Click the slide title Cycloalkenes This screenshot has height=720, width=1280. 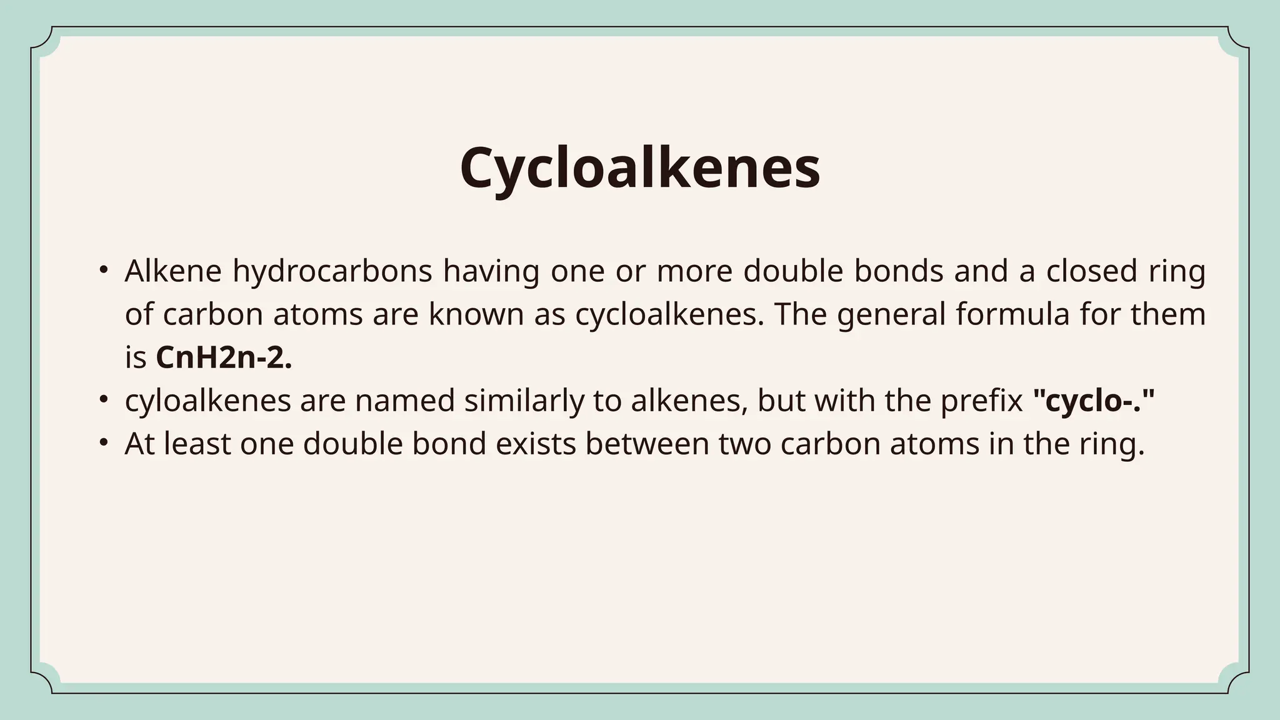(x=639, y=167)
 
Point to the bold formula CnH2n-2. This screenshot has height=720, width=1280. (x=224, y=358)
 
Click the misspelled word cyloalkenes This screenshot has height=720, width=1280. (x=207, y=401)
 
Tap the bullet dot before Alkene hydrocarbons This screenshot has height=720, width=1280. (x=104, y=270)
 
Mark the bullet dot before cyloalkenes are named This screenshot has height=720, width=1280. (x=104, y=399)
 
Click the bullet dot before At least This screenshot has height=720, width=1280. (x=104, y=442)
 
